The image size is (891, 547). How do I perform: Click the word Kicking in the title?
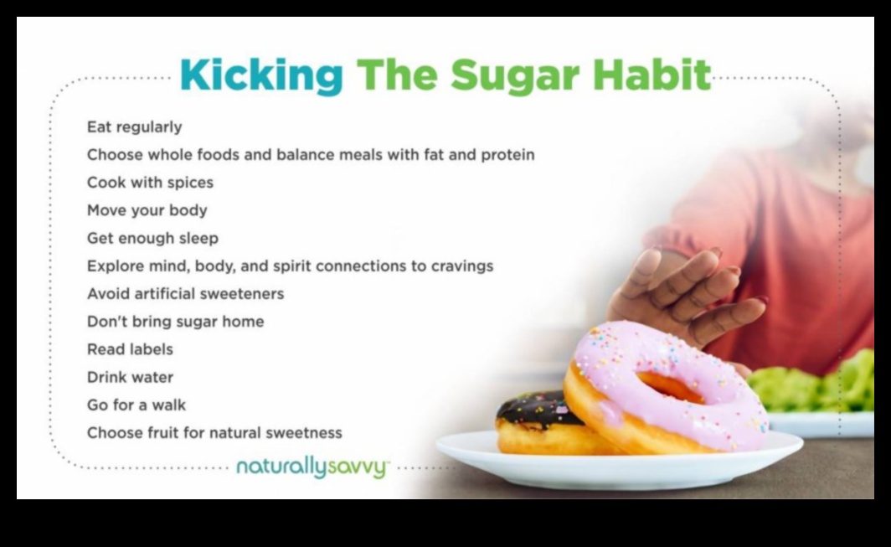pos(261,75)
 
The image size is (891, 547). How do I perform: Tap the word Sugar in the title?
pos(515,75)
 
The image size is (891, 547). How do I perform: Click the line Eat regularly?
pos(135,126)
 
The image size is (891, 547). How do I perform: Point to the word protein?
pos(508,155)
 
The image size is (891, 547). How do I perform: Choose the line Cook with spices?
pos(150,183)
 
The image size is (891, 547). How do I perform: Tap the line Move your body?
pos(147,210)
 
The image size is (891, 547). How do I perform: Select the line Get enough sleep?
pos(153,238)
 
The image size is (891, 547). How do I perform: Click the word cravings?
pos(462,266)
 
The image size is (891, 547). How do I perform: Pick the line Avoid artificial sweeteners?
pos(185,293)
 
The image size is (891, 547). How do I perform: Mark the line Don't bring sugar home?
pos(176,322)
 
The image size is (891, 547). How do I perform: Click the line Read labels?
pos(130,349)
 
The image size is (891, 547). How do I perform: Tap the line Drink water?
pos(130,377)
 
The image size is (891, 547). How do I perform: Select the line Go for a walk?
pos(136,405)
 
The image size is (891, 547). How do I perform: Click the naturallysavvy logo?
pos(312,468)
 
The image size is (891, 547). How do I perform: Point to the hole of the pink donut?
pos(671,387)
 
